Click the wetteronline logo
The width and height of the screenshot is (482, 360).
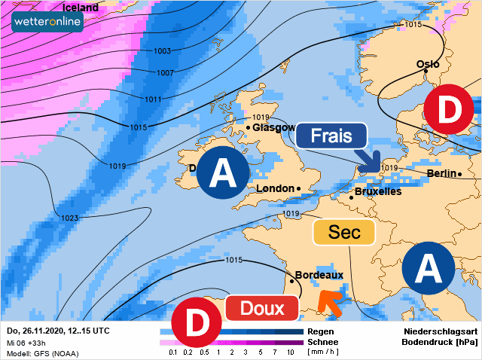pos(47,23)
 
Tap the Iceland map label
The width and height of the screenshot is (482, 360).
pos(80,8)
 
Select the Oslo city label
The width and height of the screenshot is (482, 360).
pos(428,64)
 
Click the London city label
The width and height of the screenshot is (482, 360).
pos(275,188)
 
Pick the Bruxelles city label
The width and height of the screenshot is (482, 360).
pos(377,191)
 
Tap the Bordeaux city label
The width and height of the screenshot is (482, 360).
pos(319,275)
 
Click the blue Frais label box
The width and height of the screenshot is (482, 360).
pos(331,136)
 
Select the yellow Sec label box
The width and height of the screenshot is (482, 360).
pos(345,232)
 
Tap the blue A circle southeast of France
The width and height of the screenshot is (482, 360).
pos(428,267)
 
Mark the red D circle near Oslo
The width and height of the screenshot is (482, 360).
pos(450,111)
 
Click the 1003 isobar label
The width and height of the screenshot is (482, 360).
pos(162,51)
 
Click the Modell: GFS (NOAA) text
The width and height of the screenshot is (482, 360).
pos(42,353)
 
